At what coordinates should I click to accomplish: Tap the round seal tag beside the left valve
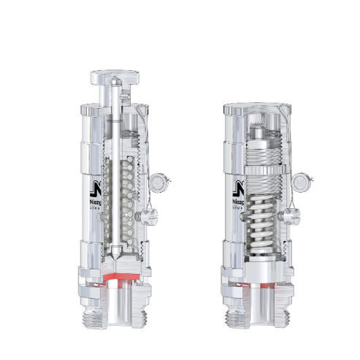pos(160,180)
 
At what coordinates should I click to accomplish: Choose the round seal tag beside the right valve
pos(301,180)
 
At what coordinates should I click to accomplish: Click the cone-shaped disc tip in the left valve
pos(117,260)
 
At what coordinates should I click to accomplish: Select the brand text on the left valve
pos(95,201)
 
